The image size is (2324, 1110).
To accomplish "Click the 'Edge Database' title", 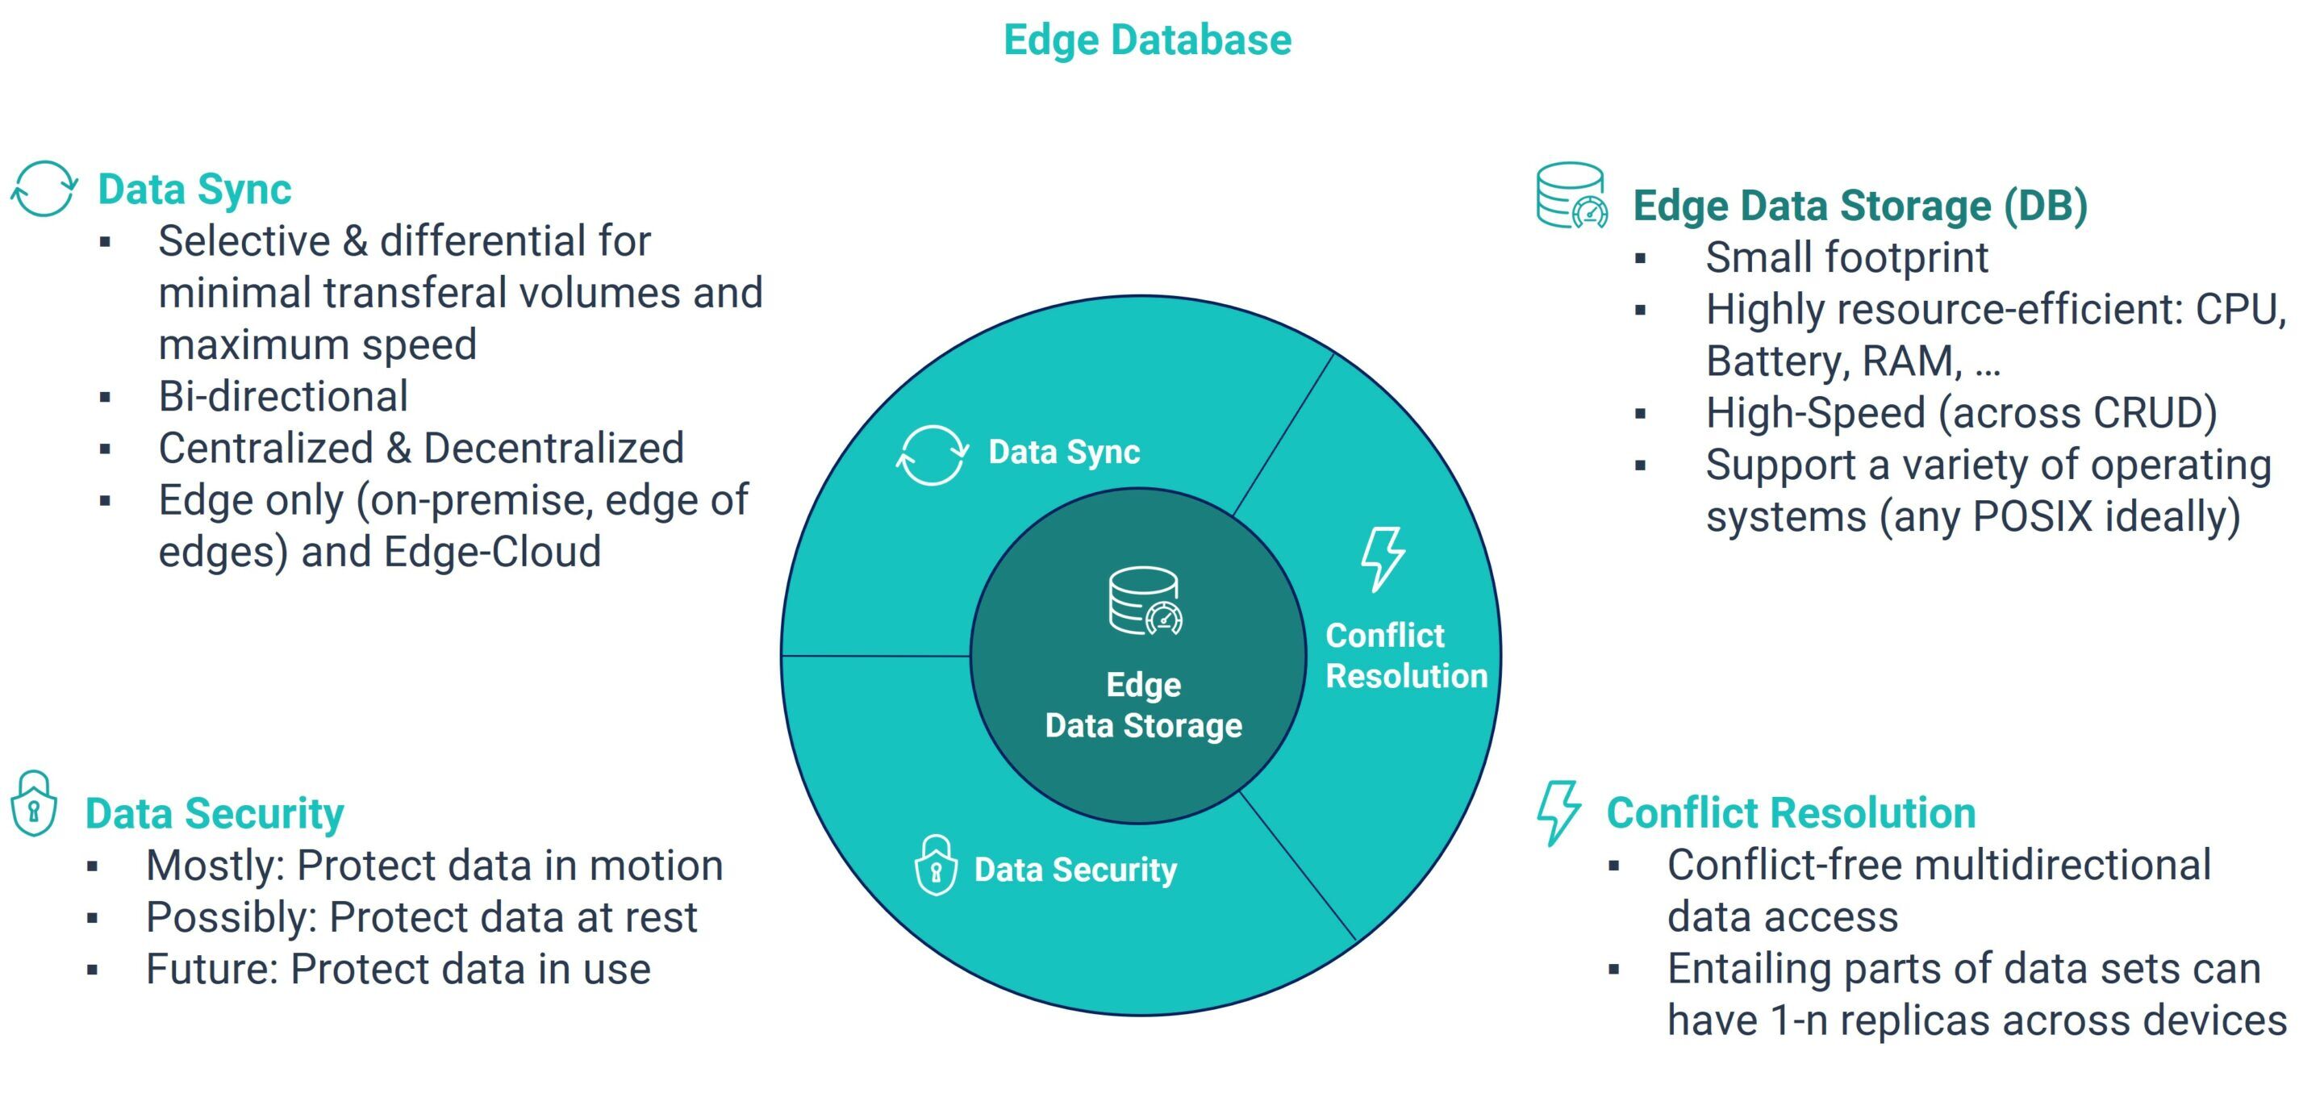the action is click(x=1148, y=40).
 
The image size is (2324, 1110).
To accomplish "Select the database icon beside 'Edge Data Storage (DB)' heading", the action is click(x=1571, y=195).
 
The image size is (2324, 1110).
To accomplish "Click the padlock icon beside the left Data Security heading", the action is click(x=33, y=803).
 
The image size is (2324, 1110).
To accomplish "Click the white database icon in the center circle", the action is click(x=1144, y=601).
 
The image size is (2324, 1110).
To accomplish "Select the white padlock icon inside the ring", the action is click(x=936, y=866).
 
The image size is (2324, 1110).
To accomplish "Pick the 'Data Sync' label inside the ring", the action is click(x=1065, y=452).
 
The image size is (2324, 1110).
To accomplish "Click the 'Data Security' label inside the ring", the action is click(x=1075, y=870).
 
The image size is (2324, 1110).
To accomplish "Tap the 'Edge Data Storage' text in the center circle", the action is click(x=1144, y=705).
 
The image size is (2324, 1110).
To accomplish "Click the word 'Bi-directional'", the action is click(x=283, y=396).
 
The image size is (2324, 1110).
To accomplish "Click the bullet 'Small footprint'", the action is click(x=1846, y=258).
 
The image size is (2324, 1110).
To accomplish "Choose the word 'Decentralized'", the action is click(x=554, y=449).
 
